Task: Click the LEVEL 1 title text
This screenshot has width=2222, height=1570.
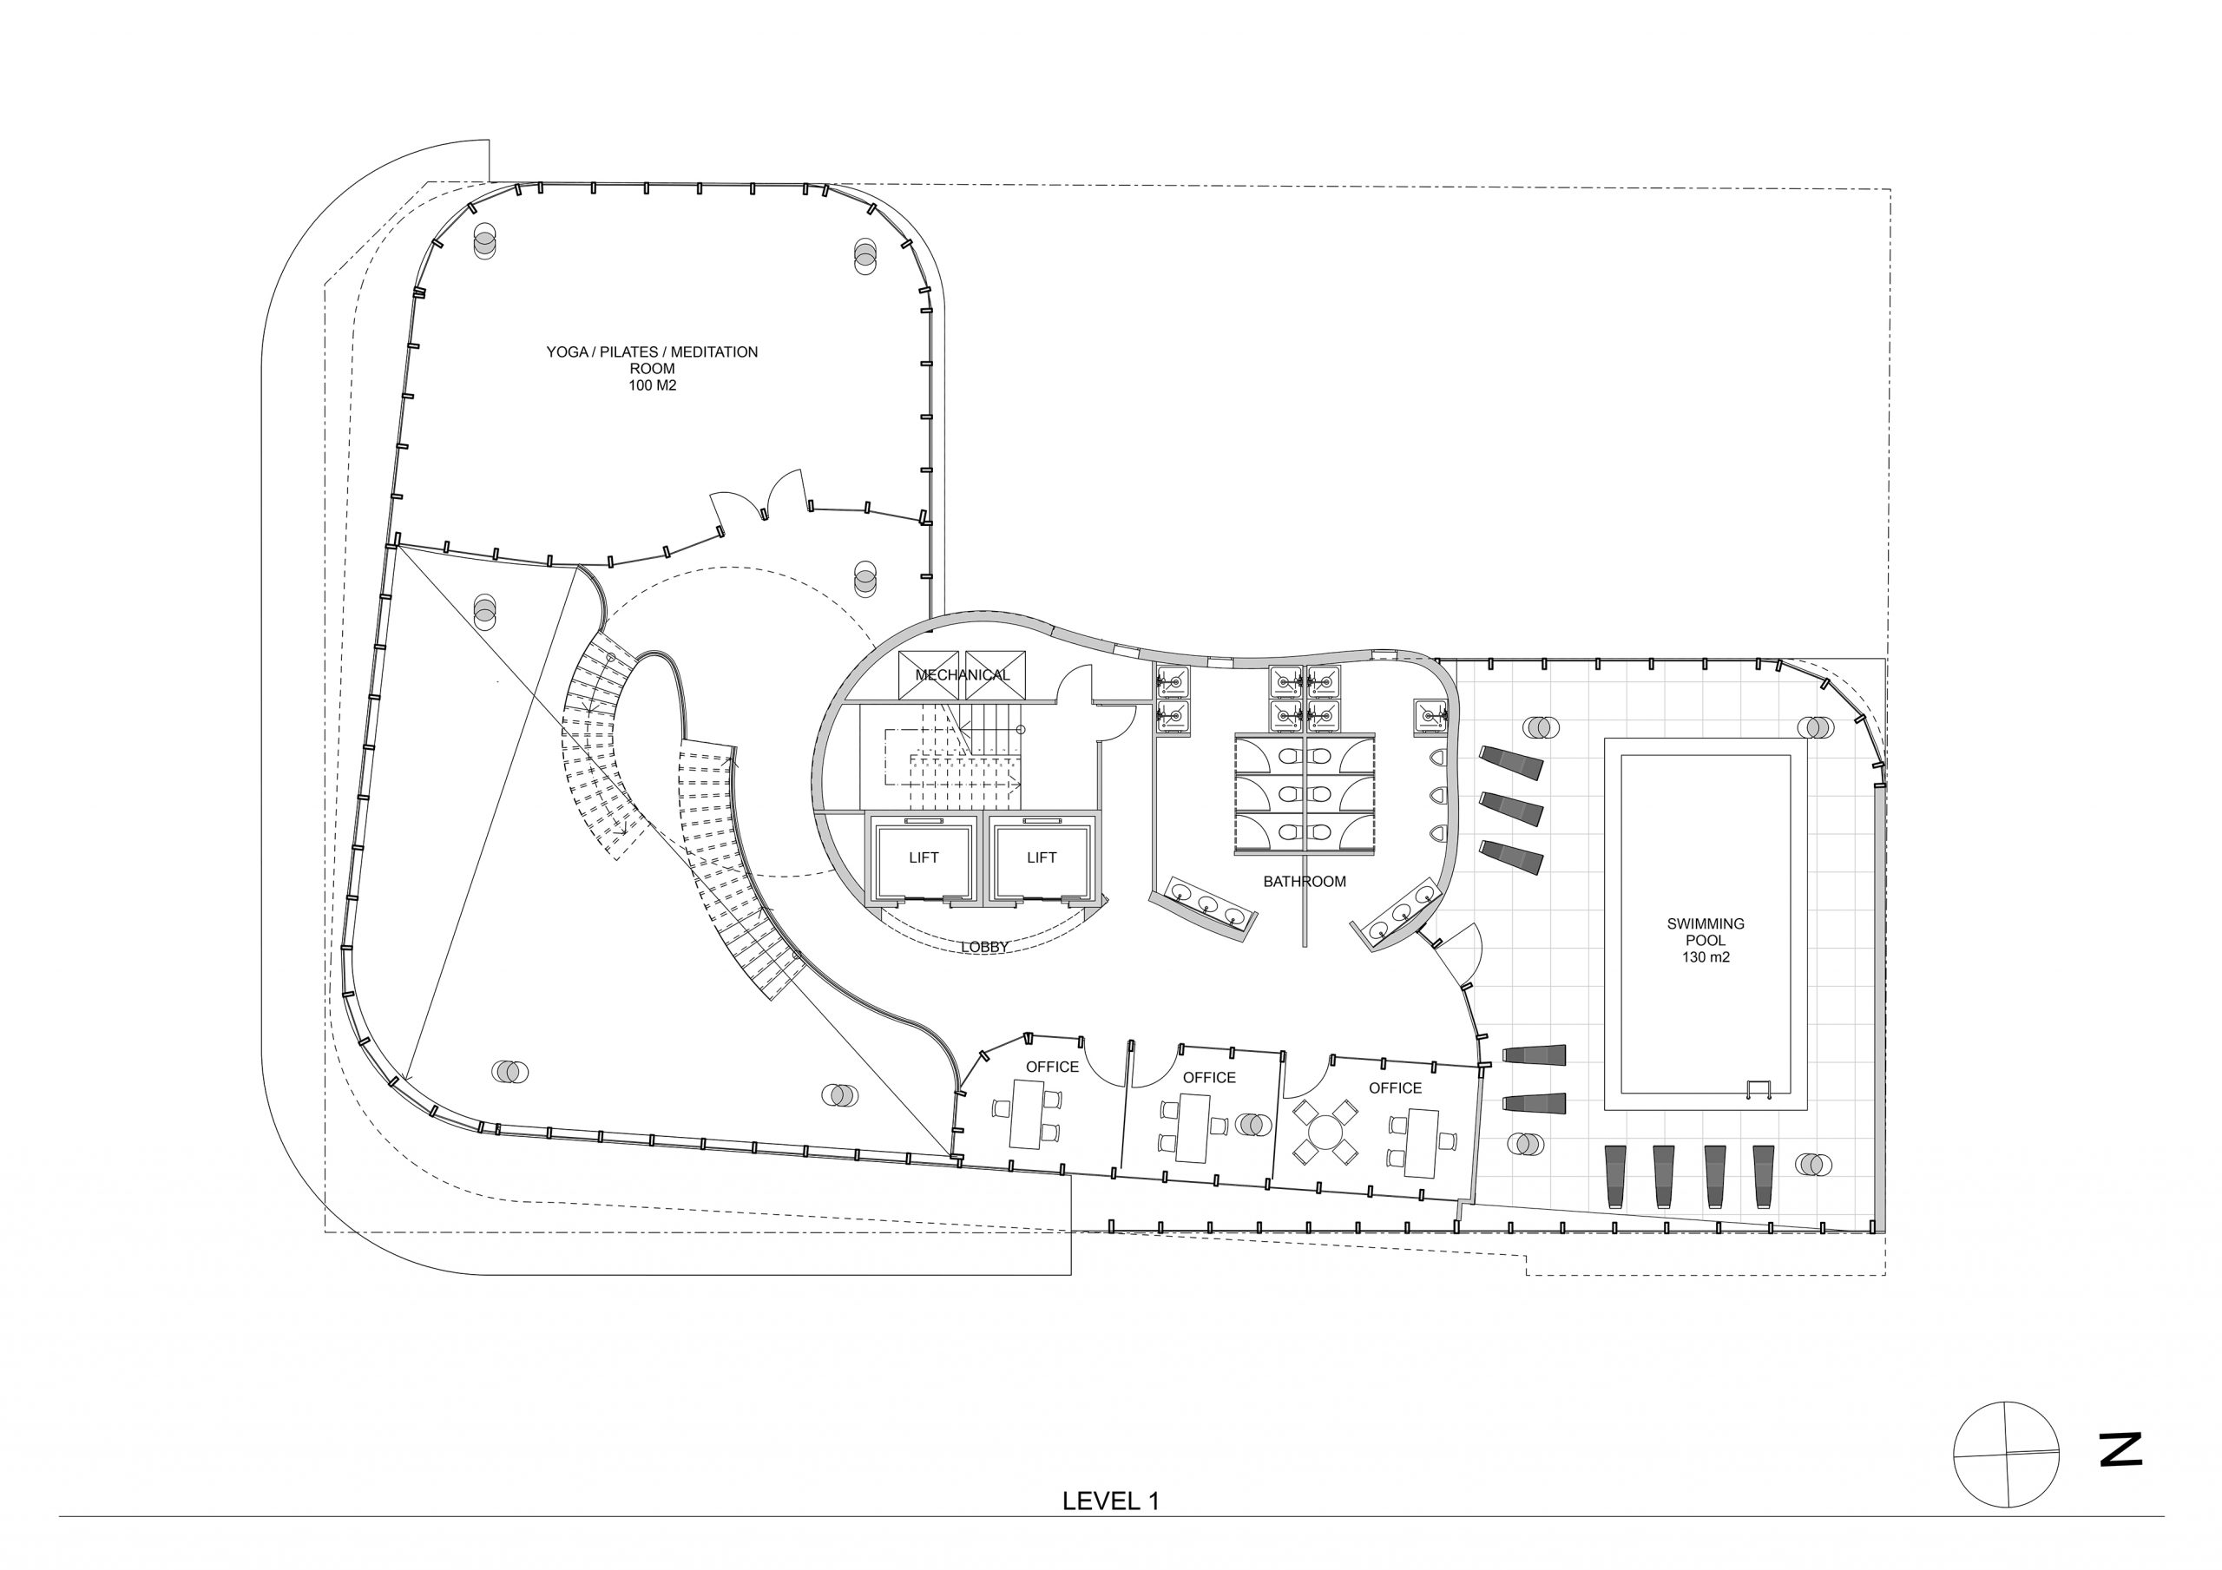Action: pos(1110,1501)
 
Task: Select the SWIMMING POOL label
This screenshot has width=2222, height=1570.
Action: pos(1706,931)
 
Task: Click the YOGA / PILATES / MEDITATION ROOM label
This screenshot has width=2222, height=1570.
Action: pos(651,360)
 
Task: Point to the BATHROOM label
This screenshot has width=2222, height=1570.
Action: pos(1305,882)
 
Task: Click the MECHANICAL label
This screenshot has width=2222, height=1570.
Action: pos(962,674)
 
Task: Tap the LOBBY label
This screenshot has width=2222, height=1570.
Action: pos(985,947)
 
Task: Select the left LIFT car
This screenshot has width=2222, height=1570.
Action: pos(924,857)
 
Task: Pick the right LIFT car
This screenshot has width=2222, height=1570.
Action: pos(1042,857)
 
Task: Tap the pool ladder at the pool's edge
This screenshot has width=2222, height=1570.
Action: pos(1759,1089)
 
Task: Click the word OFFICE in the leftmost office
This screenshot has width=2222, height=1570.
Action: pos(1052,1067)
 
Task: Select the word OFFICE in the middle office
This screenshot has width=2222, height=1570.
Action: pos(1209,1077)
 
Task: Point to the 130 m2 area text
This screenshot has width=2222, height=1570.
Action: pos(1706,957)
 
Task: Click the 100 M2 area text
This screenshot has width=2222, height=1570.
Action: pos(651,385)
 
